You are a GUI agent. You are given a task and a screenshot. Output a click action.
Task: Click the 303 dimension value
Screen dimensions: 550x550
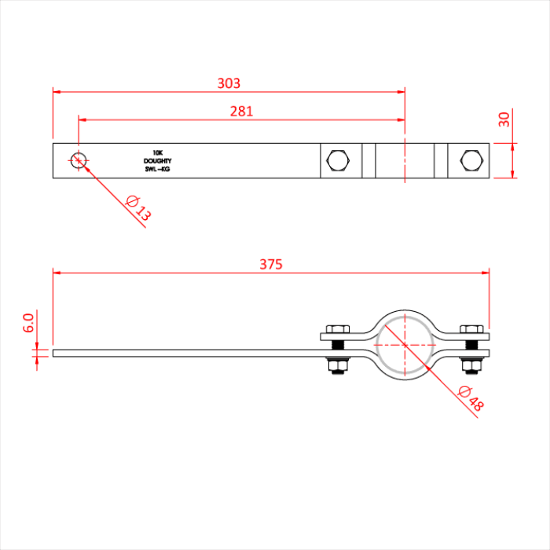point(229,82)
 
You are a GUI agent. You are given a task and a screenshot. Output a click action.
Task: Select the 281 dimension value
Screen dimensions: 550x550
point(241,111)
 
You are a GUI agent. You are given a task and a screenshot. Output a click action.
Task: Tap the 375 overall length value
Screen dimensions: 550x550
point(270,264)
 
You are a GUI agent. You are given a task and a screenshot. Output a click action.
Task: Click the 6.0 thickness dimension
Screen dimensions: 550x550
point(28,323)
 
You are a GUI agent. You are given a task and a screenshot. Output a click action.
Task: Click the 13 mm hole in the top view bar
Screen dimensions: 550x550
point(78,160)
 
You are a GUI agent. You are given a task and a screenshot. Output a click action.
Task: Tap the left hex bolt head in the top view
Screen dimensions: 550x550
point(338,160)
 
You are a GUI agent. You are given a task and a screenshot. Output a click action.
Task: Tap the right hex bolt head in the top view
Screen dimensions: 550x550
point(470,160)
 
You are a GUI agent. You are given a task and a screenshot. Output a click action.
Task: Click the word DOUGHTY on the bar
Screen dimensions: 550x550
point(157,161)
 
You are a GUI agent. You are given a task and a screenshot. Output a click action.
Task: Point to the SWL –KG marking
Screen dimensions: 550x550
point(157,169)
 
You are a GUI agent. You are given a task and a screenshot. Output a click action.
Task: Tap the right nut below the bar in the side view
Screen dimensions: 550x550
point(470,366)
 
